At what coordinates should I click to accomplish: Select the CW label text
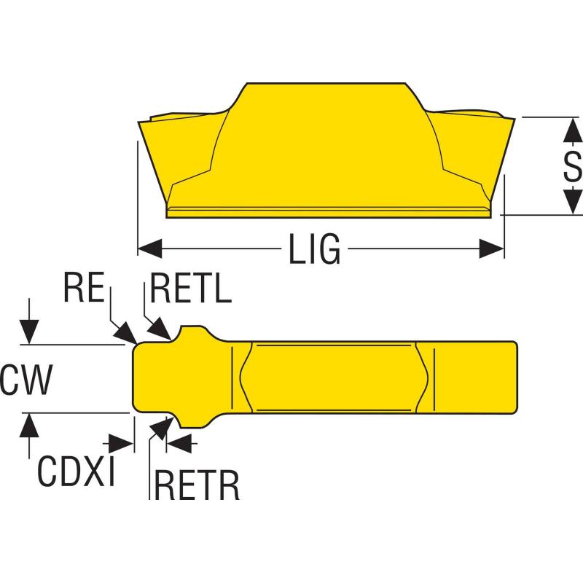tap(26, 380)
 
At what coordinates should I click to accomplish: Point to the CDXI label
tap(76, 472)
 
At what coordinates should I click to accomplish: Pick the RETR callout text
tap(197, 486)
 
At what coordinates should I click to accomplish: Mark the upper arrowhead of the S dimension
tap(574, 130)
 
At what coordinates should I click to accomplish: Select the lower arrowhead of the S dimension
tap(574, 202)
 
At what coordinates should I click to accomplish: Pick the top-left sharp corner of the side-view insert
tap(141, 121)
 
